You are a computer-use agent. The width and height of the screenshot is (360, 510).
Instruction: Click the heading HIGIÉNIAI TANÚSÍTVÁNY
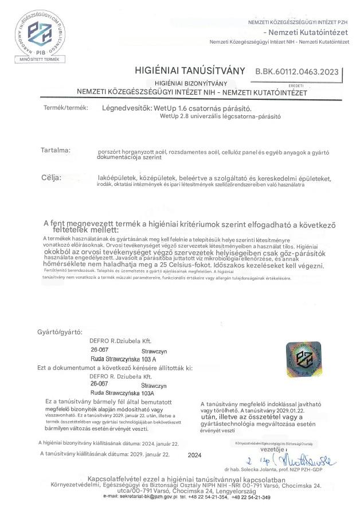pos(190,71)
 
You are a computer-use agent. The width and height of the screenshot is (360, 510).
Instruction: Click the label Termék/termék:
pos(65,108)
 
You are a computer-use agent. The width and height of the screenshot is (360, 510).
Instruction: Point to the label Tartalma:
pos(55,150)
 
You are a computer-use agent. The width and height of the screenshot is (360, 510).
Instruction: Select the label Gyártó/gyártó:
pos(60,332)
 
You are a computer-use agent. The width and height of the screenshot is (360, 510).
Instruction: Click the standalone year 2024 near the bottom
pos(195,456)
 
